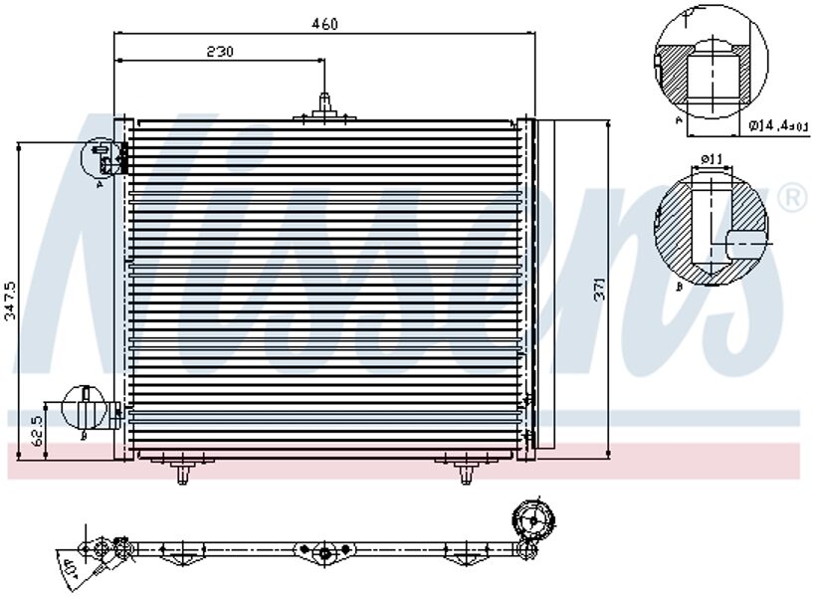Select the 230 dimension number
(x=220, y=52)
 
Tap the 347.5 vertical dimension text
(x=10, y=298)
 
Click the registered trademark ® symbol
(x=791, y=198)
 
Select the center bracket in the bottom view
(x=325, y=552)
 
